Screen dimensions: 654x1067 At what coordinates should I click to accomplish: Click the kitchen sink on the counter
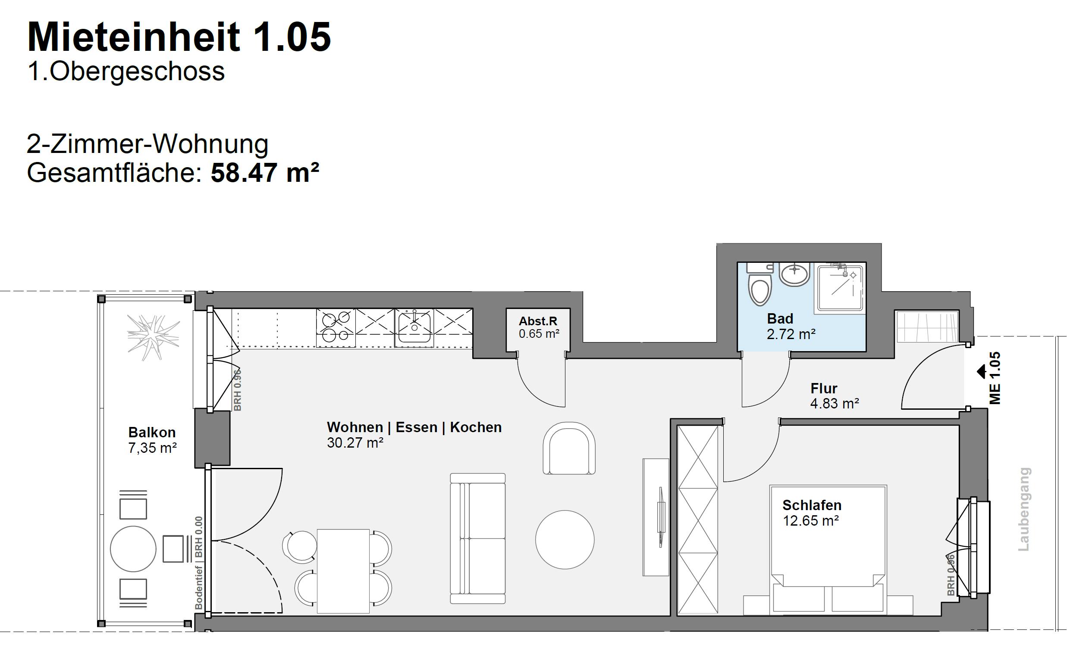(x=414, y=327)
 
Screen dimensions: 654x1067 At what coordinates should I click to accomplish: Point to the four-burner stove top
(x=336, y=327)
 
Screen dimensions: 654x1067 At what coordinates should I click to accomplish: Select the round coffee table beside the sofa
(x=565, y=539)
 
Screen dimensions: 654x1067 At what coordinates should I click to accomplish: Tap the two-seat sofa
(x=477, y=539)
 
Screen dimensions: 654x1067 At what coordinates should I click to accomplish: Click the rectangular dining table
(x=343, y=571)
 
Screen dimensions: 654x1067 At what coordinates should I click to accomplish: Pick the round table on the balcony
(x=133, y=548)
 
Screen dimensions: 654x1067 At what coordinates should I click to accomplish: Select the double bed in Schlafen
(x=828, y=549)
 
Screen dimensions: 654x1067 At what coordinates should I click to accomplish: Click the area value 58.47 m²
(x=264, y=173)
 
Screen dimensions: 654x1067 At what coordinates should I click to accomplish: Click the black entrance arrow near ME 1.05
(x=981, y=371)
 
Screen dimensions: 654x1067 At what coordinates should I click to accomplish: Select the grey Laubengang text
(x=1024, y=509)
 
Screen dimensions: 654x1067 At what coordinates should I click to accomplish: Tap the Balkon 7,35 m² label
(x=152, y=440)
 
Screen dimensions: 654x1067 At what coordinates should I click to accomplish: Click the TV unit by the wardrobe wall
(x=656, y=517)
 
